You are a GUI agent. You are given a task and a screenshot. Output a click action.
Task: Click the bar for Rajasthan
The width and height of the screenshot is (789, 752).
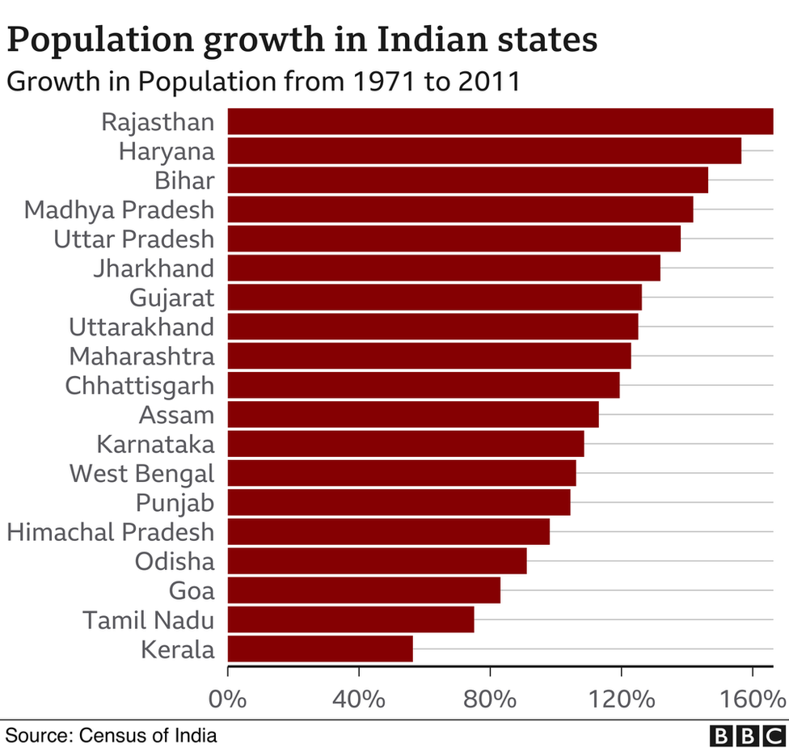click(500, 121)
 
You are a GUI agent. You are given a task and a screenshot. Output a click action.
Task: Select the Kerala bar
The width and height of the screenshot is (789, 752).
click(320, 648)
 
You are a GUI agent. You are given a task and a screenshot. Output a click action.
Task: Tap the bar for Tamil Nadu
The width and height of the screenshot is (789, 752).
click(351, 619)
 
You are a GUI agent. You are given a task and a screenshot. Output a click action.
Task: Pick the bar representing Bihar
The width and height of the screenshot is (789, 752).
click(467, 180)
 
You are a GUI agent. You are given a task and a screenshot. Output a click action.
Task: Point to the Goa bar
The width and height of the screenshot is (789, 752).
click(364, 590)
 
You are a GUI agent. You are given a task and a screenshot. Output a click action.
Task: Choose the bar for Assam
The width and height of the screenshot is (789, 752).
click(413, 415)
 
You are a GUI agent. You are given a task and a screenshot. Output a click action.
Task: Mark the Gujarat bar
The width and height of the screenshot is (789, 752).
click(434, 298)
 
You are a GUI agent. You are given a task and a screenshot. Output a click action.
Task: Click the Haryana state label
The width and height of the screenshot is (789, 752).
click(167, 151)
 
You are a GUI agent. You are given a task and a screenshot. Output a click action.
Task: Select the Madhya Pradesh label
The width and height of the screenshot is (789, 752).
click(120, 209)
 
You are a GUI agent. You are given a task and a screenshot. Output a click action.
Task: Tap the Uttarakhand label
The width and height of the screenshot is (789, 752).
click(141, 327)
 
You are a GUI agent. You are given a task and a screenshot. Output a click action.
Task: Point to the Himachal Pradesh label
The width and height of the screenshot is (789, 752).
click(111, 531)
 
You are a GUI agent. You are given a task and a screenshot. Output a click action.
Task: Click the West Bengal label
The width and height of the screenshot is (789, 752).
click(142, 473)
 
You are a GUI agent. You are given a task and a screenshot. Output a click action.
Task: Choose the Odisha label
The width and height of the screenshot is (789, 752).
click(175, 561)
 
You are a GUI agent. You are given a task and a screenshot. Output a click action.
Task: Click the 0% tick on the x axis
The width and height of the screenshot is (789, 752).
click(228, 698)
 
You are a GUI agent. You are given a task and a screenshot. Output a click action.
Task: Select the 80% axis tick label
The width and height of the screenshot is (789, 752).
click(490, 698)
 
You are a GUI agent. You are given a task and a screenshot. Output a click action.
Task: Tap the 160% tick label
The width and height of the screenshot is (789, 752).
click(752, 698)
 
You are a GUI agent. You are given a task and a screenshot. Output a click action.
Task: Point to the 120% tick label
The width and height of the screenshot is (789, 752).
click(621, 698)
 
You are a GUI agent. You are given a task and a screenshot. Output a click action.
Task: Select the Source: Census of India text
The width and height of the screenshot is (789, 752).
click(112, 735)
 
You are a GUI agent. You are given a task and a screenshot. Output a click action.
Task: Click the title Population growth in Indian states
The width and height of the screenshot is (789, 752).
click(303, 39)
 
